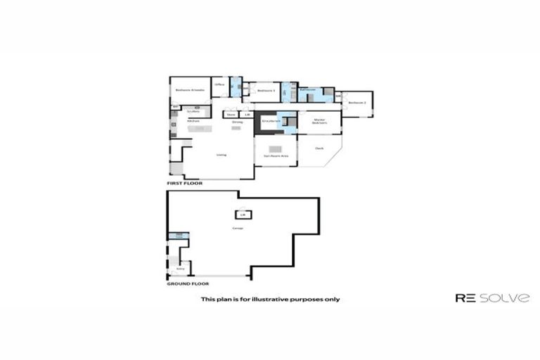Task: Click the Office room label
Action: click(219, 85)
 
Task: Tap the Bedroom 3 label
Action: click(265, 91)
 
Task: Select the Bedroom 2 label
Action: click(356, 103)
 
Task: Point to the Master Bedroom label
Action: click(320, 122)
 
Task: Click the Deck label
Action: click(319, 148)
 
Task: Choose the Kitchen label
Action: click(193, 122)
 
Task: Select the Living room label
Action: click(221, 155)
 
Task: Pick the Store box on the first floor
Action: click(231, 114)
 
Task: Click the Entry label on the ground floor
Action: click(180, 268)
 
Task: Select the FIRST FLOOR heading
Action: click(184, 183)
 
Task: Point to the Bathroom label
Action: click(307, 91)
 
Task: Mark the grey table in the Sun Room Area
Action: click(276, 149)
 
